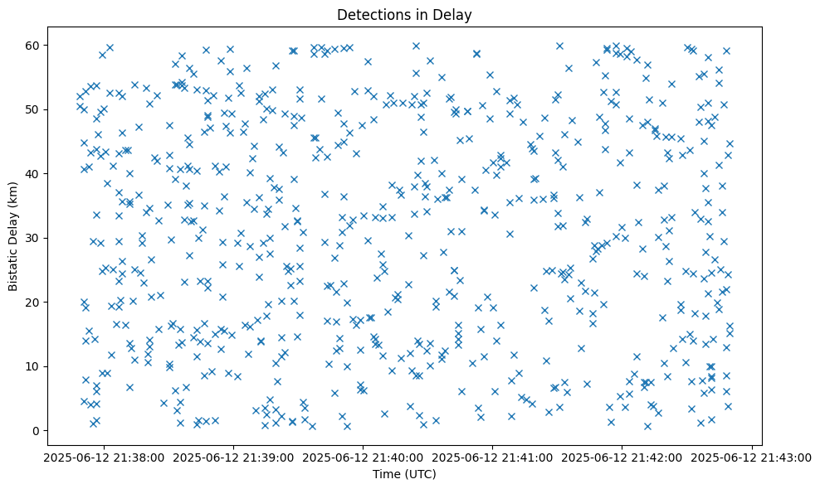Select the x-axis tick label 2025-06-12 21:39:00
[x=233, y=457]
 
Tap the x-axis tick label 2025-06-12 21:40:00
[x=363, y=457]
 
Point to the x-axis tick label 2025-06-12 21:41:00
[x=492, y=457]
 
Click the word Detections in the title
[x=369, y=15]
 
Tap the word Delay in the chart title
[x=453, y=15]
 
